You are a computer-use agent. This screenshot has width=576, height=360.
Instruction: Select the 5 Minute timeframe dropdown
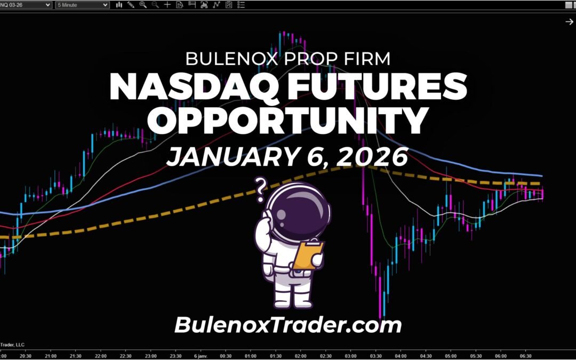[x=83, y=5]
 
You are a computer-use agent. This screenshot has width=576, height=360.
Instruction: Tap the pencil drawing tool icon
[x=131, y=5]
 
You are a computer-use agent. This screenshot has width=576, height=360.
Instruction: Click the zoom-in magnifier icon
[x=143, y=5]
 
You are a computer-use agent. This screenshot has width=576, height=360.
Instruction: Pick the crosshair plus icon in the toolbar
[x=167, y=5]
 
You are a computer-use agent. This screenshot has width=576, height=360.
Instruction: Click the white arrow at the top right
[x=569, y=21]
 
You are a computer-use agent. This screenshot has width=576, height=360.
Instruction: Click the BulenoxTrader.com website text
[x=287, y=324]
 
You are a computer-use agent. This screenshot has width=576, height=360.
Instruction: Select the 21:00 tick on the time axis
[x=51, y=356]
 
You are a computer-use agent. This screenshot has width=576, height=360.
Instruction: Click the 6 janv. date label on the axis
[x=199, y=356]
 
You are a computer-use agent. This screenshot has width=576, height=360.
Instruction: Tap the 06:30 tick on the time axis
[x=526, y=356]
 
